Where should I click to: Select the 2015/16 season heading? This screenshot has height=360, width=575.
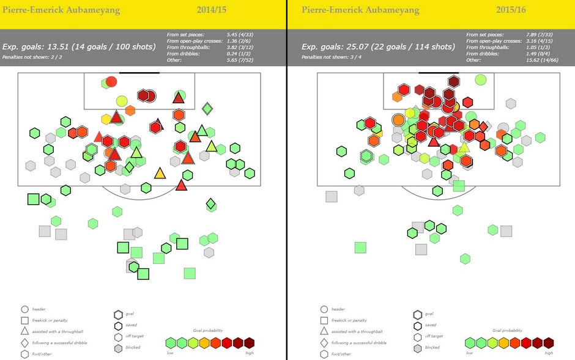[x=511, y=10]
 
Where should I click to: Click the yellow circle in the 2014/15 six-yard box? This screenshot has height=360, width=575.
[x=122, y=101]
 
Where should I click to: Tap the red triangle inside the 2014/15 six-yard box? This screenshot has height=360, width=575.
[x=178, y=98]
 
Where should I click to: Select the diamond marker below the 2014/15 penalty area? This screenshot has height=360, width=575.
[x=210, y=204]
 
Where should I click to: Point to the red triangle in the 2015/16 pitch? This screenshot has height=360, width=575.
[x=434, y=142]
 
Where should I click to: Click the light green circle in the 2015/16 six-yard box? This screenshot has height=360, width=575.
[x=481, y=79]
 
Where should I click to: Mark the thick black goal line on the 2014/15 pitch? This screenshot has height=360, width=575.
[x=139, y=73]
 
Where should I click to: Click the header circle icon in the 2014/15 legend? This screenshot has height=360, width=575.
[x=24, y=310]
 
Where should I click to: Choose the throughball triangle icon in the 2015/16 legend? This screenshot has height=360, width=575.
[x=324, y=331]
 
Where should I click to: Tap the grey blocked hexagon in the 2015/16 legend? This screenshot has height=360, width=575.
[x=418, y=347]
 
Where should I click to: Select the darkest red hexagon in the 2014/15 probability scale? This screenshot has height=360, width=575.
[x=248, y=343]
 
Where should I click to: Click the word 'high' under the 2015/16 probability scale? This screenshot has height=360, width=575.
[x=548, y=353]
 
